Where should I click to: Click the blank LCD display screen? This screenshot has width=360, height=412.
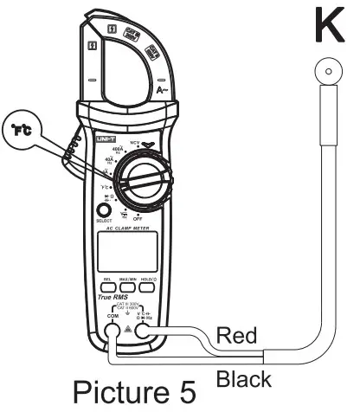132,253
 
